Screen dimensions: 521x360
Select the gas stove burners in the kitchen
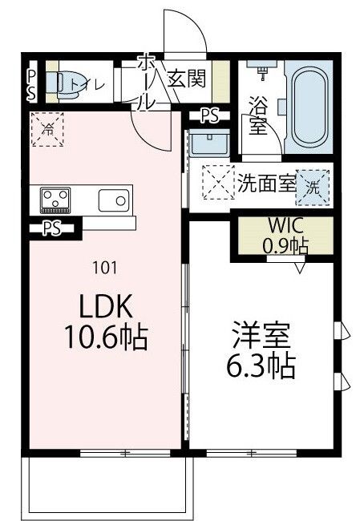click(55, 198)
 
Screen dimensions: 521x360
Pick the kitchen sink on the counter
click(114, 199)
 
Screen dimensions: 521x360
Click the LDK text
click(99, 307)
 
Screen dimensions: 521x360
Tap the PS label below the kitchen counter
click(52, 228)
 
